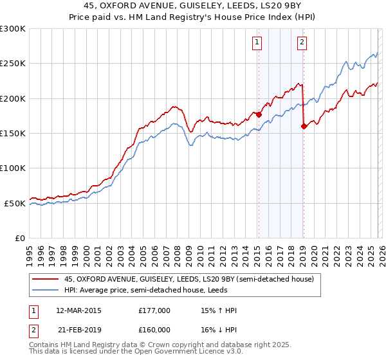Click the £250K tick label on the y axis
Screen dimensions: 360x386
pyautogui.click(x=13, y=64)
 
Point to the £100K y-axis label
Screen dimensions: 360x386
pyautogui.click(x=13, y=168)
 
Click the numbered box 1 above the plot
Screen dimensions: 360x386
pyautogui.click(x=257, y=43)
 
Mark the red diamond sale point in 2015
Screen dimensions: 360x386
pyautogui.click(x=259, y=114)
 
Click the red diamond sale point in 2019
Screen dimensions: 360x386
pyautogui.click(x=304, y=127)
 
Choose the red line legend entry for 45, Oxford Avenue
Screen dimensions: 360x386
pyautogui.click(x=188, y=279)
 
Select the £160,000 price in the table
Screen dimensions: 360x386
pyautogui.click(x=154, y=329)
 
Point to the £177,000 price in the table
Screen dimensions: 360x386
pyautogui.click(x=154, y=310)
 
